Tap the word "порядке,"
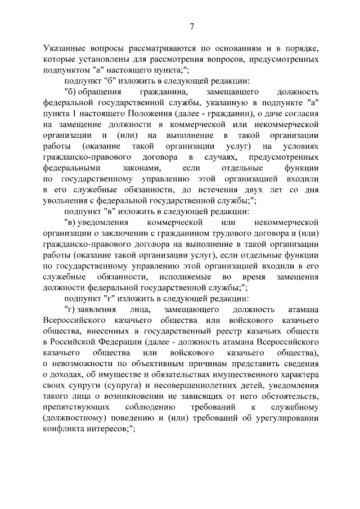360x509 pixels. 301,49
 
